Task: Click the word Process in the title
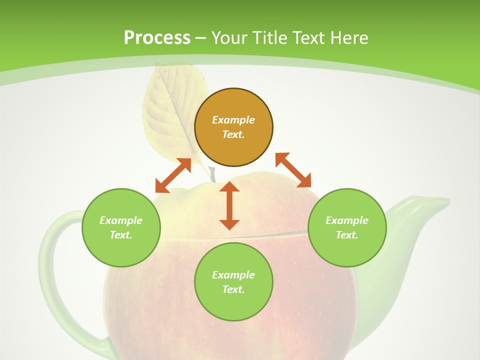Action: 157,38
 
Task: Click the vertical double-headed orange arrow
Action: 229,205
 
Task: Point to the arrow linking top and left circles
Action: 173,175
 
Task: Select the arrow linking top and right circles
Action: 293,170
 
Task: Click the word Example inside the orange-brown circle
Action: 233,120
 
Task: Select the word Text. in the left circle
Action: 121,235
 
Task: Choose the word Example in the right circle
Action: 347,220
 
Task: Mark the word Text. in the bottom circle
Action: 233,289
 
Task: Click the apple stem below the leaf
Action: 213,174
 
